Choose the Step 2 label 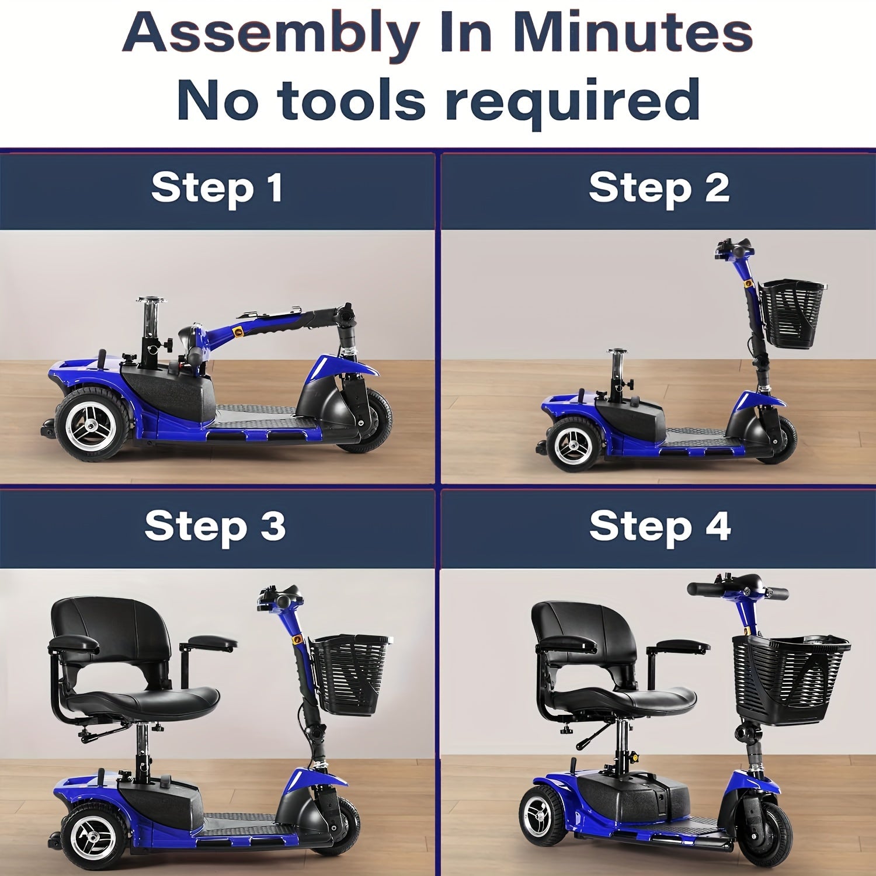[x=659, y=188]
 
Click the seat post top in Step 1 [x=150, y=301]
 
